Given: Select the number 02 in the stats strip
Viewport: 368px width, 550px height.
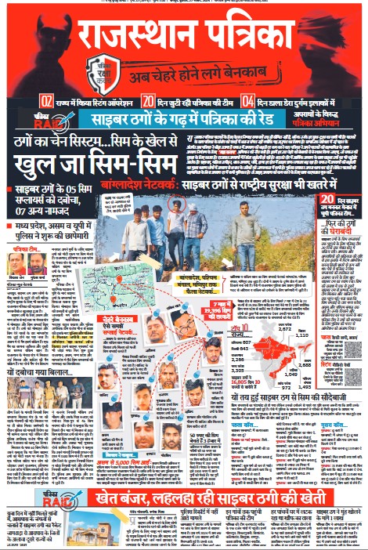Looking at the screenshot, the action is click(47, 101).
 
